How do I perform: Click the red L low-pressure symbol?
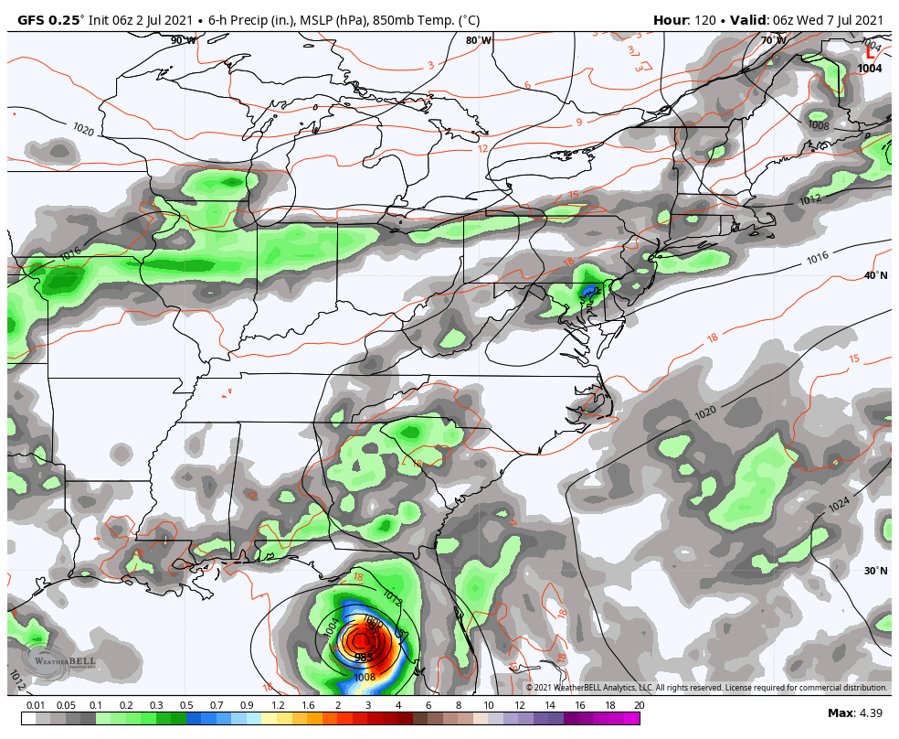tap(869, 53)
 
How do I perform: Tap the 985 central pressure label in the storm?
tap(364, 657)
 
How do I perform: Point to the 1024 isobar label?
tap(839, 504)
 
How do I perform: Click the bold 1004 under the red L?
tap(870, 69)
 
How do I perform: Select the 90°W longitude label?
tap(183, 40)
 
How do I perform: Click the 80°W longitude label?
tap(478, 40)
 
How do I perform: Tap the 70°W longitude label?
tap(774, 40)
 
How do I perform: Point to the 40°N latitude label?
tap(875, 275)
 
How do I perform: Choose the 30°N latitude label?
tap(875, 571)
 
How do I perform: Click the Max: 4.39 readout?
tap(854, 712)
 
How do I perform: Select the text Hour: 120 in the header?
tap(684, 20)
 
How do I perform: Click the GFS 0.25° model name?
tap(50, 20)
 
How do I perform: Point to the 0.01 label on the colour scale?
tap(36, 705)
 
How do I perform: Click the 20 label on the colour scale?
tap(638, 705)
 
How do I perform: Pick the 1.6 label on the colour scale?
tap(307, 705)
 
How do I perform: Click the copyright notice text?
tap(706, 688)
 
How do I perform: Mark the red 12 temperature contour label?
tap(482, 148)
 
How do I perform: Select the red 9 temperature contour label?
tap(578, 123)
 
